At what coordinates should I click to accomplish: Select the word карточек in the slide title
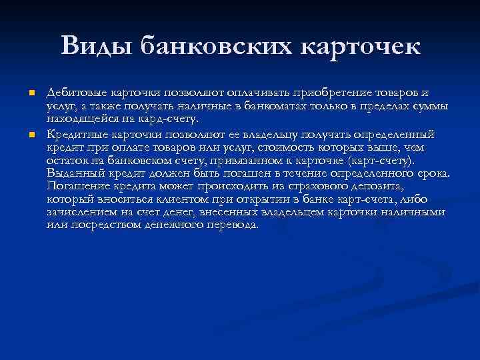click(360, 47)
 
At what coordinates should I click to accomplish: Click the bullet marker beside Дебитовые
click(32, 93)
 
